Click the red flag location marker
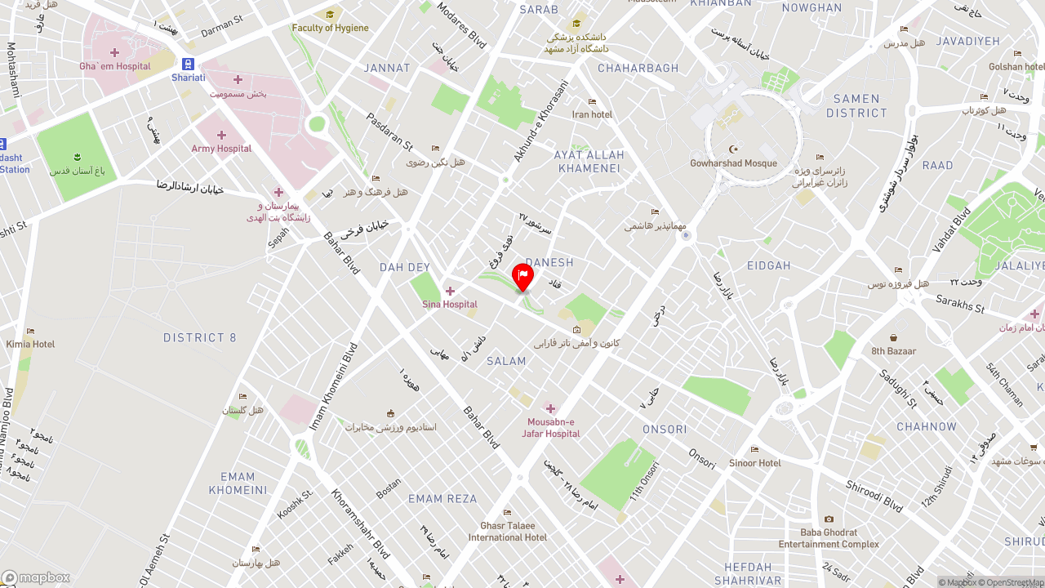[522, 277]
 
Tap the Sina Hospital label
[450, 305]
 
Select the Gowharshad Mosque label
[733, 163]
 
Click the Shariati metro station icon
[189, 64]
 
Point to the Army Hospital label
[221, 149]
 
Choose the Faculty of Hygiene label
[330, 28]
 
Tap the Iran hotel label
[592, 114]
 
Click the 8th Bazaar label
[893, 351]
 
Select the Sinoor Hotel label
[755, 463]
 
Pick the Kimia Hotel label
[30, 344]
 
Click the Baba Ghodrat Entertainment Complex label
[829, 538]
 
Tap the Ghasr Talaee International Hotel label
[508, 532]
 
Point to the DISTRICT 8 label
[199, 337]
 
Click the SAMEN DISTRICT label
[856, 106]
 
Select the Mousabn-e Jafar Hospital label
[551, 427]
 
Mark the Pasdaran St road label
[389, 132]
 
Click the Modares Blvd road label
[461, 24]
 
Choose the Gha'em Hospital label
[115, 66]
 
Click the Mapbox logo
[36, 578]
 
